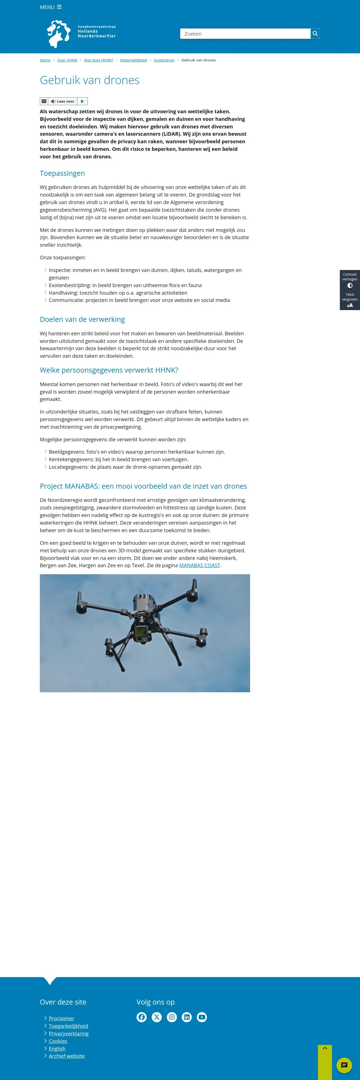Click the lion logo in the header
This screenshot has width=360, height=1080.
pyautogui.click(x=59, y=34)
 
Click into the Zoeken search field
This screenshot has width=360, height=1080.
pyautogui.click(x=245, y=34)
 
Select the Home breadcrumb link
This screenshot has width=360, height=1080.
pyautogui.click(x=45, y=60)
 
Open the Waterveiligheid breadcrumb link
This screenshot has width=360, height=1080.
pyautogui.click(x=133, y=60)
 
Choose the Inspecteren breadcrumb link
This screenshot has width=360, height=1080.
pyautogui.click(x=164, y=60)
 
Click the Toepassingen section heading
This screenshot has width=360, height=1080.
pyautogui.click(x=62, y=174)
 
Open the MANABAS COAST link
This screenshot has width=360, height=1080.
pyautogui.click(x=200, y=566)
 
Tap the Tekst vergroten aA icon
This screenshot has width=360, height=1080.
pyautogui.click(x=350, y=306)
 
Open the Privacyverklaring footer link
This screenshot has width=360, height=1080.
pyautogui.click(x=69, y=1033)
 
